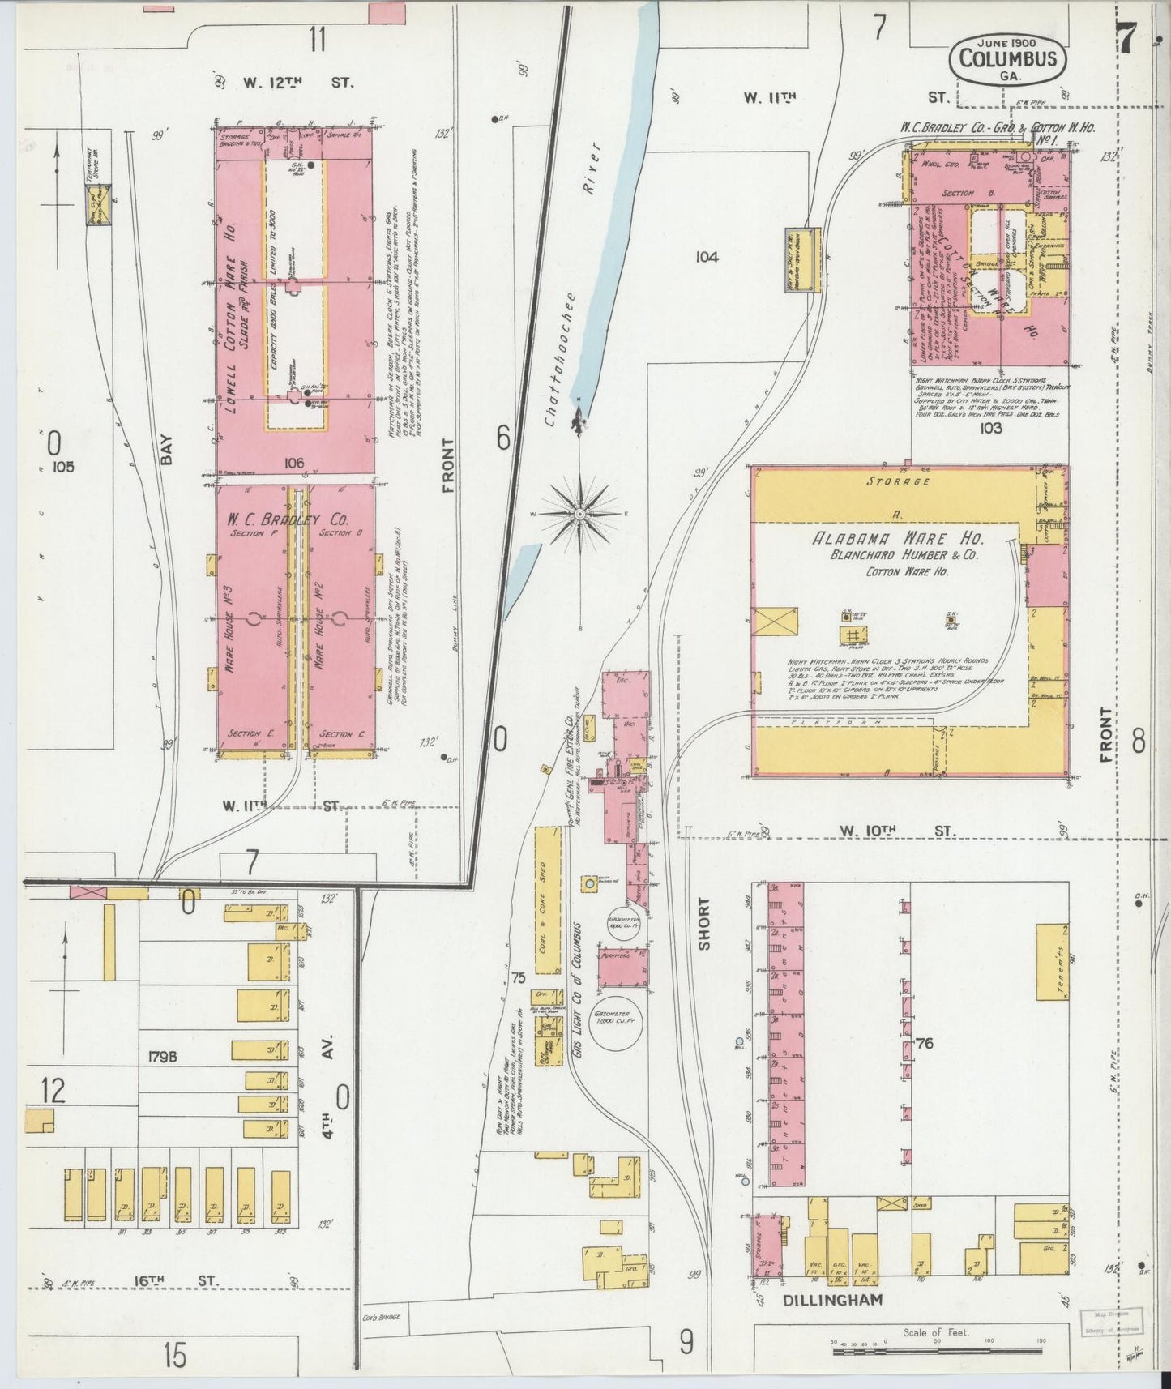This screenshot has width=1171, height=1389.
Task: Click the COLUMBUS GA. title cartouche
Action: click(1007, 58)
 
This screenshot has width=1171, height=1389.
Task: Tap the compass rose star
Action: click(580, 514)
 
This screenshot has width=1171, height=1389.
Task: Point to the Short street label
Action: click(703, 923)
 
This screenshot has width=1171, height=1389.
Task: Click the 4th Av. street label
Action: click(329, 1062)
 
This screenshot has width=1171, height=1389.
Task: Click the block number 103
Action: click(990, 427)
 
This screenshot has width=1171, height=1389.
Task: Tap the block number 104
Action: click(706, 257)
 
